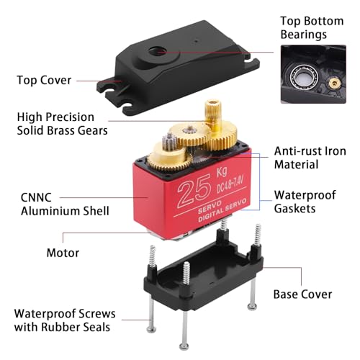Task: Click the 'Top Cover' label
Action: (44, 79)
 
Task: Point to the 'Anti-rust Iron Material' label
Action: (310, 158)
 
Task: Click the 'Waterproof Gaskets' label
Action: (305, 202)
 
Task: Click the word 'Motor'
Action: (63, 253)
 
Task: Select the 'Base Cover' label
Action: (302, 294)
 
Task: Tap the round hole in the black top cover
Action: (158, 51)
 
